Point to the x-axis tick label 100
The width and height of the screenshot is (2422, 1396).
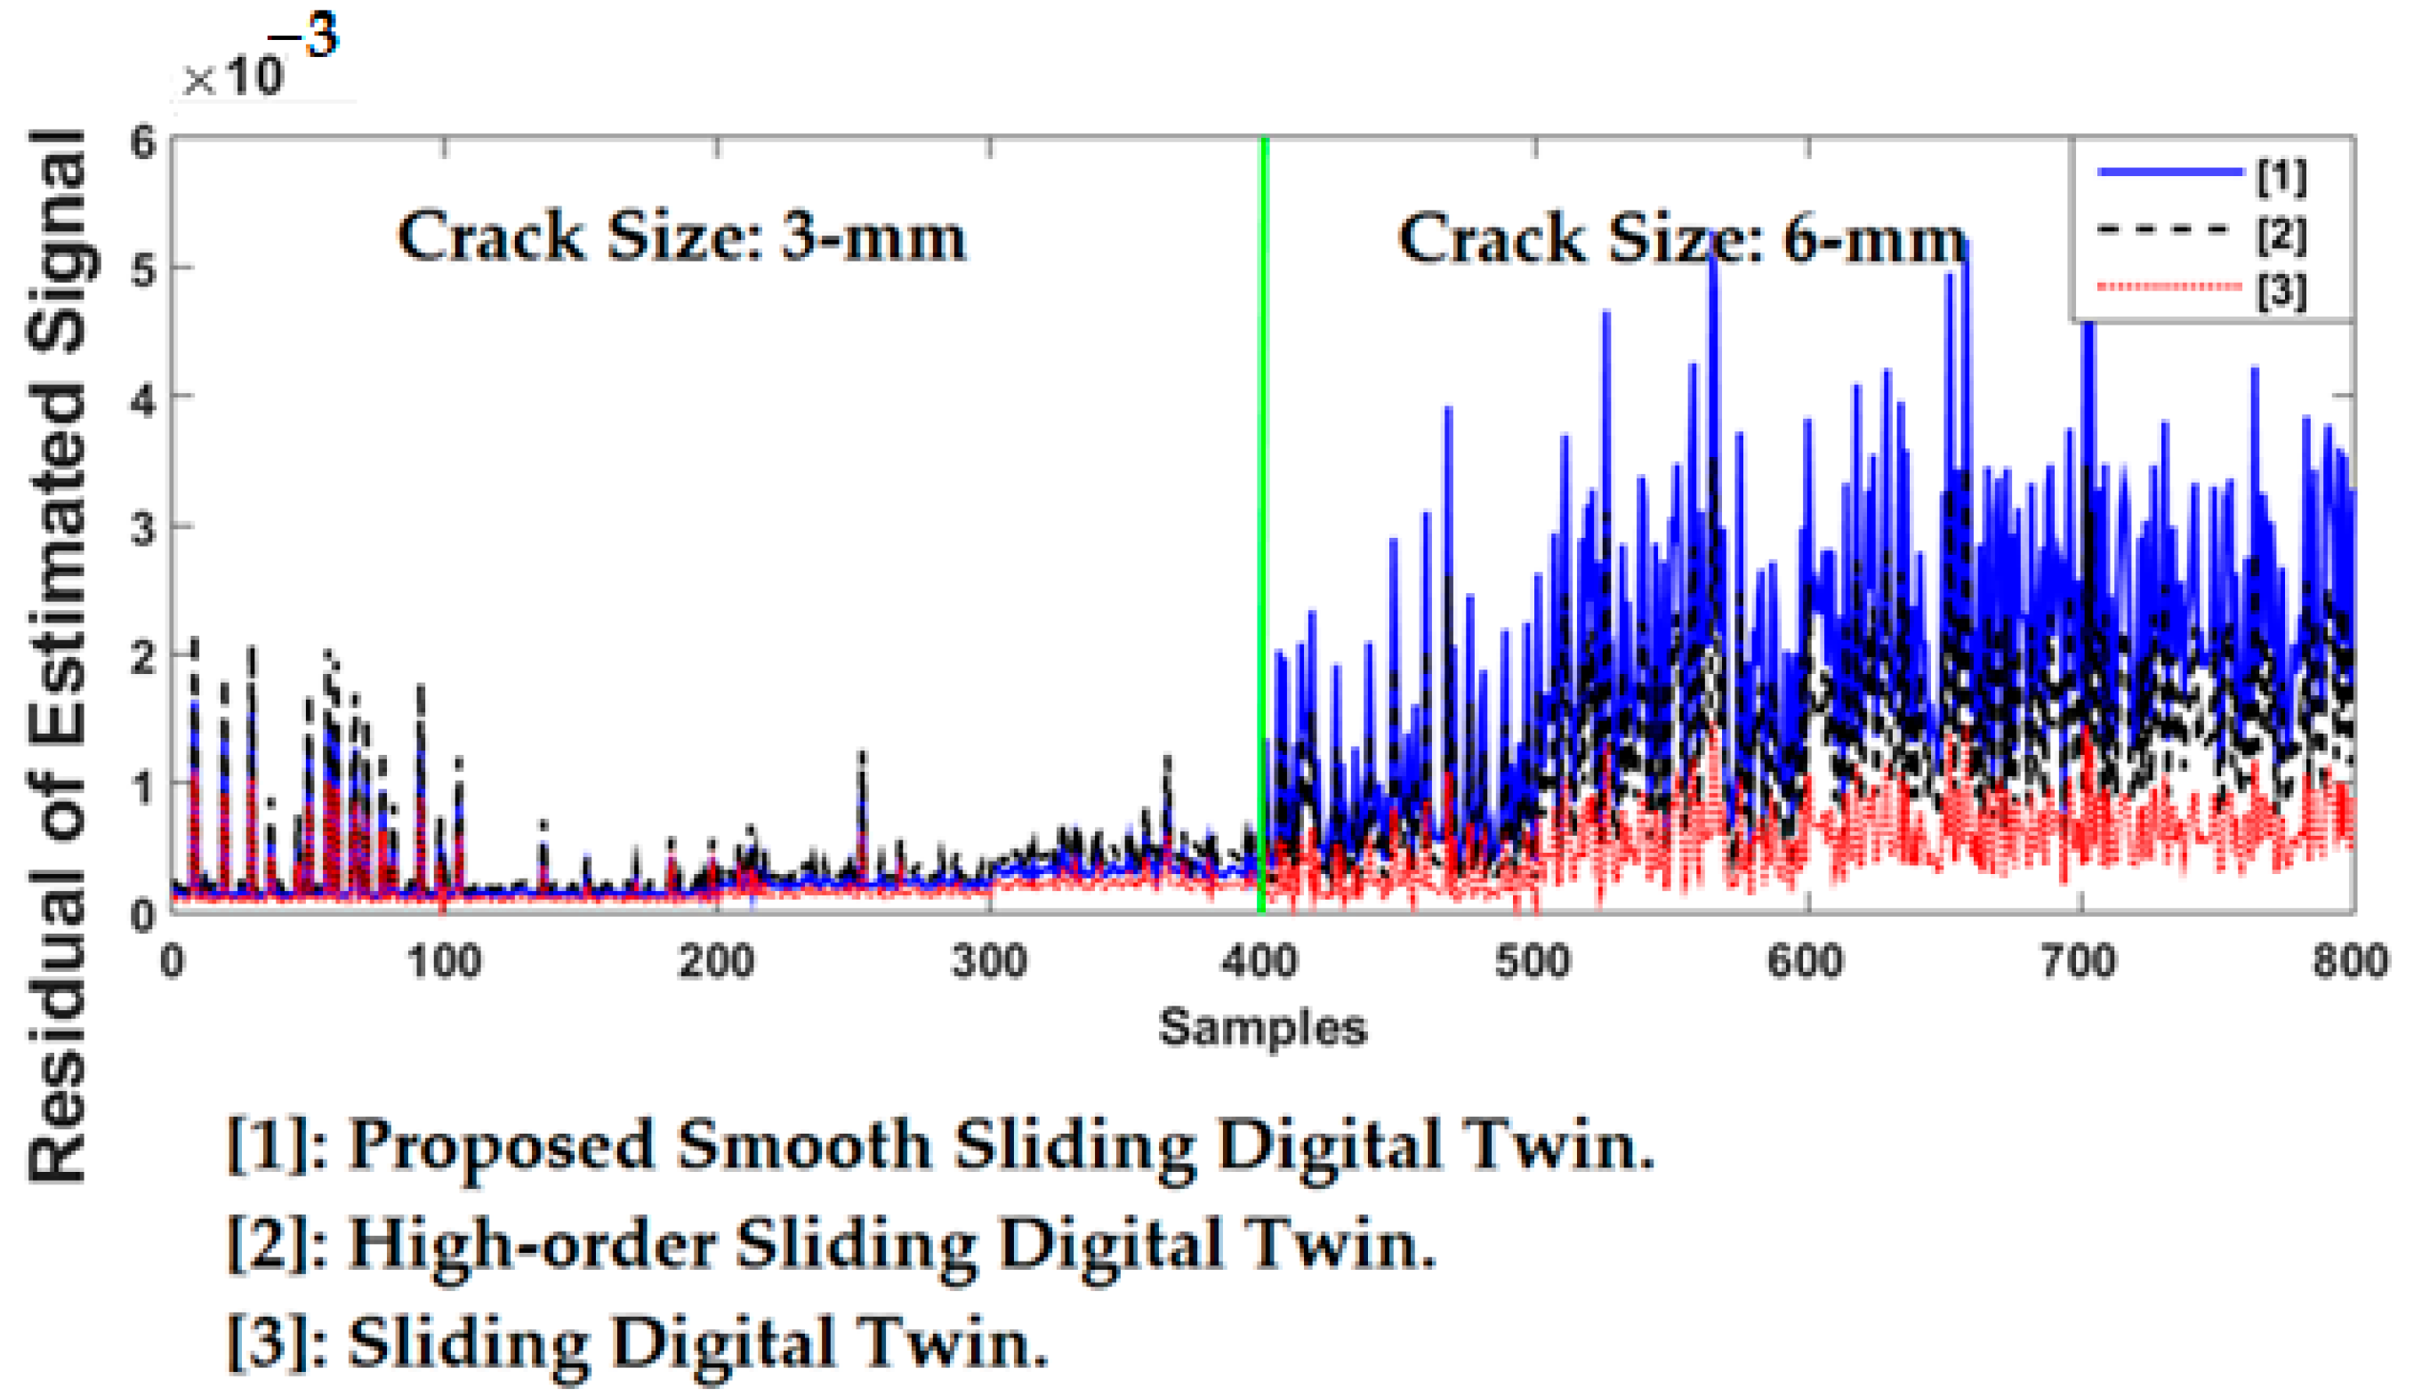(443, 960)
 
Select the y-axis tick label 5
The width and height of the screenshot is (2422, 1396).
(143, 271)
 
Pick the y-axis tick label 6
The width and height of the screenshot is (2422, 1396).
(143, 143)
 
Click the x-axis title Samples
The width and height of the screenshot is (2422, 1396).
(1262, 1027)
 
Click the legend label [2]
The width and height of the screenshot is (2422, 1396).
(2281, 233)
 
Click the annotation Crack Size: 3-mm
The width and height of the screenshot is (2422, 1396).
(680, 237)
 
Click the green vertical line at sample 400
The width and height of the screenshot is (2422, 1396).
(1264, 479)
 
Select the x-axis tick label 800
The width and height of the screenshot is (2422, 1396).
(2349, 960)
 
